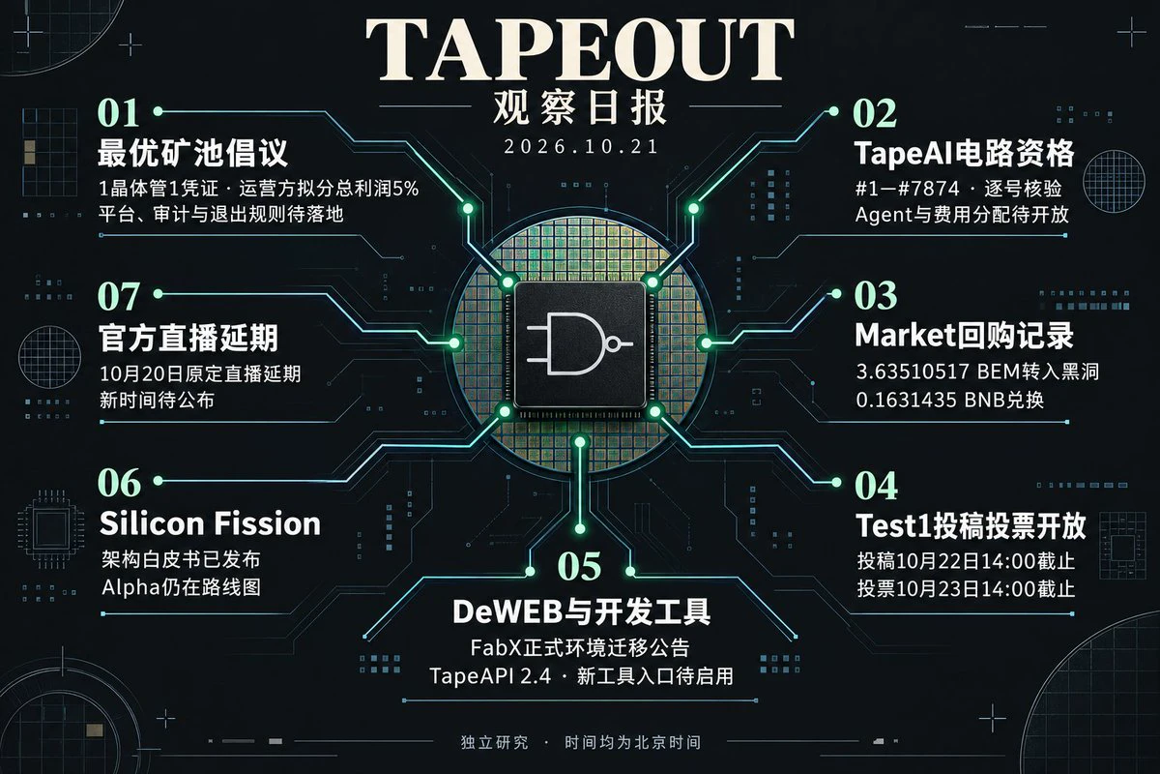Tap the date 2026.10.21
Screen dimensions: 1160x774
[x=581, y=147]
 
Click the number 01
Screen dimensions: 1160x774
[x=118, y=113]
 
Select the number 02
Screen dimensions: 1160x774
[x=875, y=113]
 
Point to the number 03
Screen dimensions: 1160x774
[x=876, y=295]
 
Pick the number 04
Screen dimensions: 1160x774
[x=876, y=486]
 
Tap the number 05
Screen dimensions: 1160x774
[x=579, y=566]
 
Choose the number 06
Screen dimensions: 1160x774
[x=119, y=483]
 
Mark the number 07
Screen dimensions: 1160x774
[x=119, y=296]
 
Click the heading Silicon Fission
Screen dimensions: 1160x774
[x=211, y=523]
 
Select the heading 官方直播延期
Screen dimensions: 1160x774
[x=188, y=339]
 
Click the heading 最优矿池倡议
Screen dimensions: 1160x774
[x=192, y=153]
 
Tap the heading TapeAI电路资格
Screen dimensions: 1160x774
[x=965, y=154]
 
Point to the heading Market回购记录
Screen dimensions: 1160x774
[x=965, y=336]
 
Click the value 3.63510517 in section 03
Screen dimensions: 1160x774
[x=913, y=372]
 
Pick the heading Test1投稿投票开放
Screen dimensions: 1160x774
[x=971, y=525]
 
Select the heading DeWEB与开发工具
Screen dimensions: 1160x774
[x=581, y=611]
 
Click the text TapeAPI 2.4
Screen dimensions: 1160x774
[x=490, y=676]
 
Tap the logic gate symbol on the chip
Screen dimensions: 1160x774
[x=579, y=343]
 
